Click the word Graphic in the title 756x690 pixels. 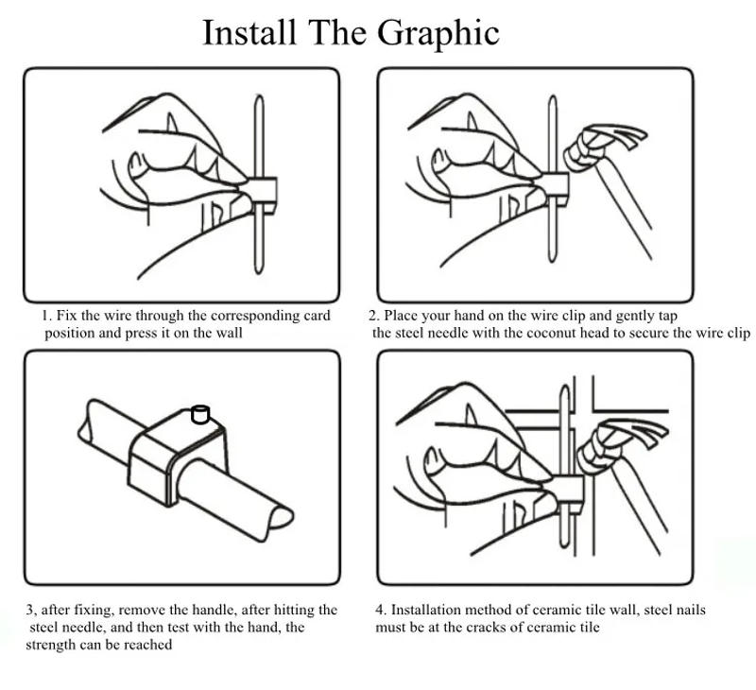pos(438,35)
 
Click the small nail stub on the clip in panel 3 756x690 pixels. pos(200,414)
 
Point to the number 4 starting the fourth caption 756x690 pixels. pos(380,610)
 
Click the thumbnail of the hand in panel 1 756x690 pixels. pos(135,162)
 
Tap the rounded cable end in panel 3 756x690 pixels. pos(280,517)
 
